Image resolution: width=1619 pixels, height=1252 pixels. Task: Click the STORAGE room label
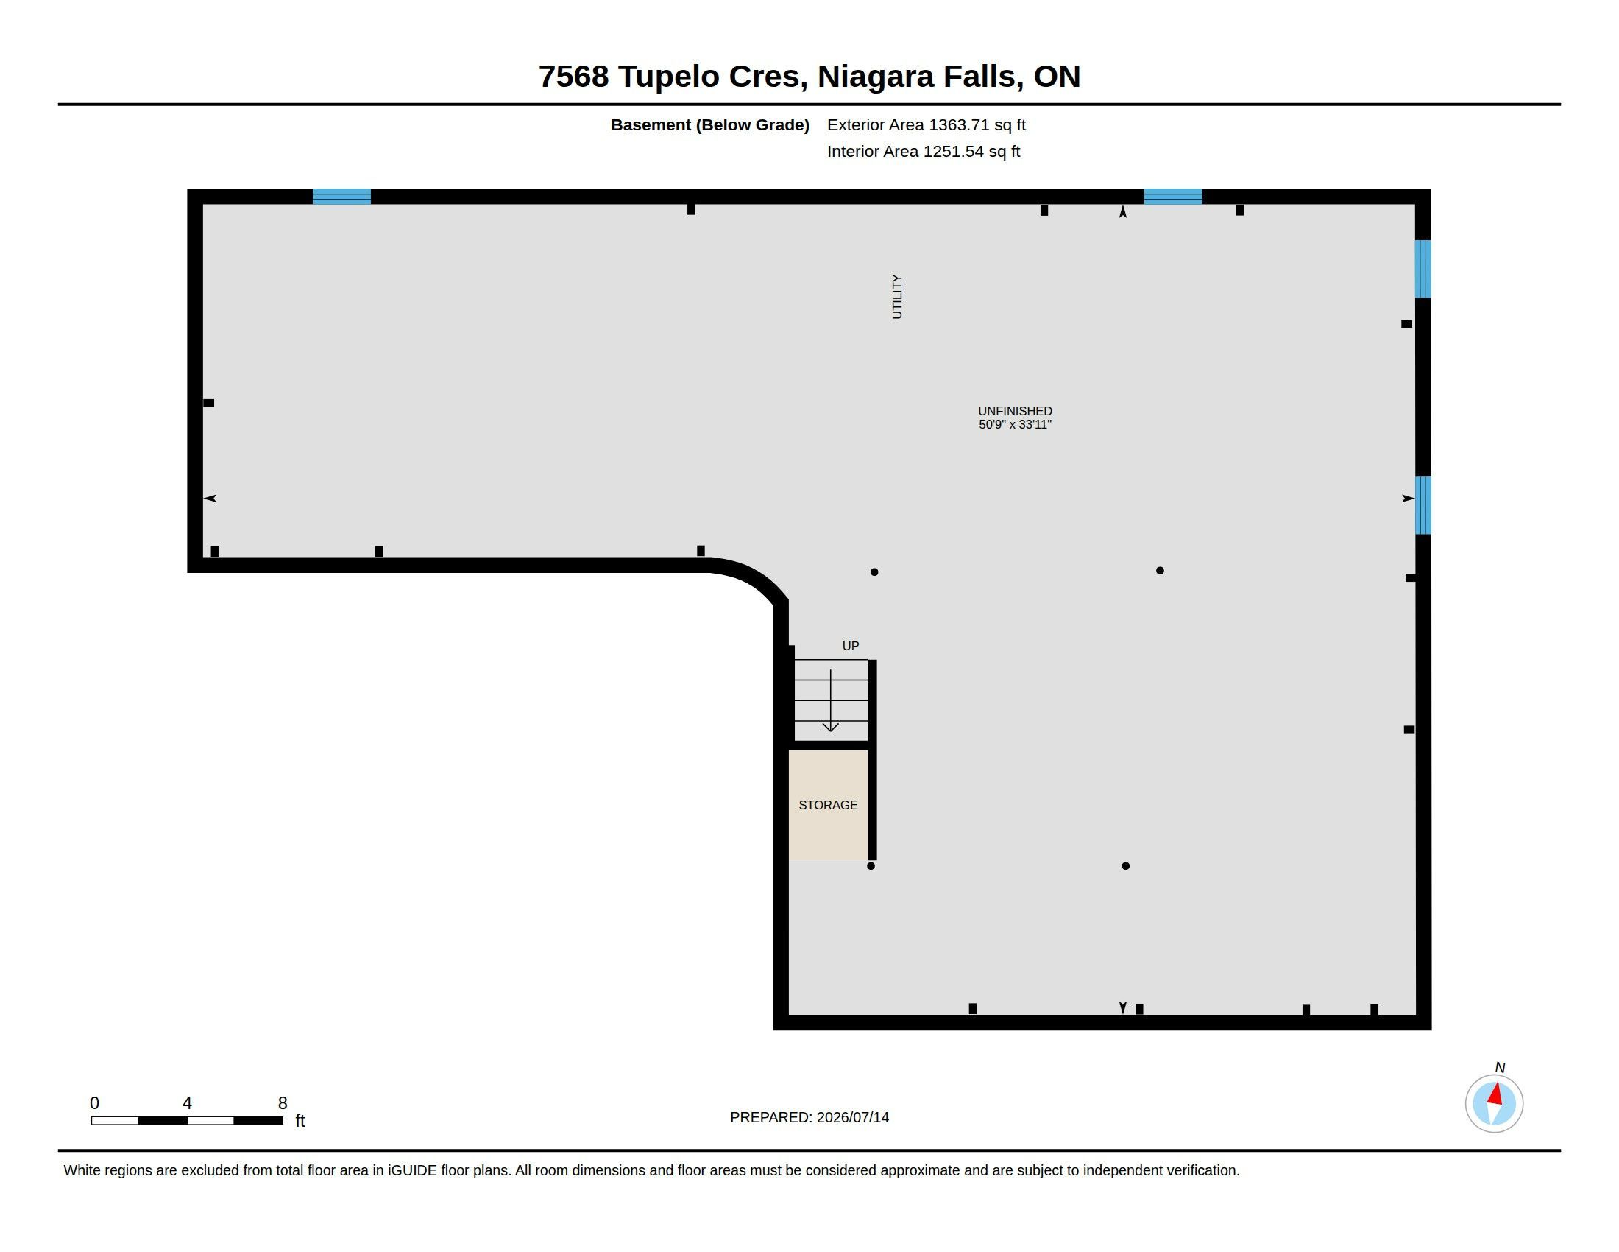[x=828, y=805]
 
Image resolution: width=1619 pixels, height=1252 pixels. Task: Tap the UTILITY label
[x=897, y=297]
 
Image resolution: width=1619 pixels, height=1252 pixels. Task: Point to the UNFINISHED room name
[x=1015, y=411]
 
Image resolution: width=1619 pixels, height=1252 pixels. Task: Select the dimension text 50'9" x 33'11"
[x=1015, y=424]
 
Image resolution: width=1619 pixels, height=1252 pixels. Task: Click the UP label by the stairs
[x=850, y=646]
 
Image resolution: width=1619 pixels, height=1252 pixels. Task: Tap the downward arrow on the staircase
[x=830, y=701]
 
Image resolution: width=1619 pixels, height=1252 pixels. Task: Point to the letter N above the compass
[x=1500, y=1067]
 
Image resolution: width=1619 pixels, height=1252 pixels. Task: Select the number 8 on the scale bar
[x=283, y=1103]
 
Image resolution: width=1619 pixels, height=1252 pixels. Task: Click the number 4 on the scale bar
[x=187, y=1103]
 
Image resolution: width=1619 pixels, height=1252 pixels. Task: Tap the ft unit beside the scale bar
[x=300, y=1120]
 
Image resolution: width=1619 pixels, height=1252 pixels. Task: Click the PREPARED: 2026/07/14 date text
[x=809, y=1117]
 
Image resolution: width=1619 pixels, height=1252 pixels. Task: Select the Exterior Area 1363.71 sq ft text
[x=927, y=124]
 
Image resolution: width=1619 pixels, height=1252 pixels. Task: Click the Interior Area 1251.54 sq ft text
[x=924, y=151]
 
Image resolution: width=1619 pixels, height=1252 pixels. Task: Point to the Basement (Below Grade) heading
[x=710, y=124]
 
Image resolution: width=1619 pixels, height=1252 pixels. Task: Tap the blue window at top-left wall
[x=341, y=197]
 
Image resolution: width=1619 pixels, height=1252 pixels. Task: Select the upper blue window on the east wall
[x=1423, y=269]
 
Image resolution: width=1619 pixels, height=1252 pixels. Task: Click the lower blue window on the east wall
[x=1423, y=505]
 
